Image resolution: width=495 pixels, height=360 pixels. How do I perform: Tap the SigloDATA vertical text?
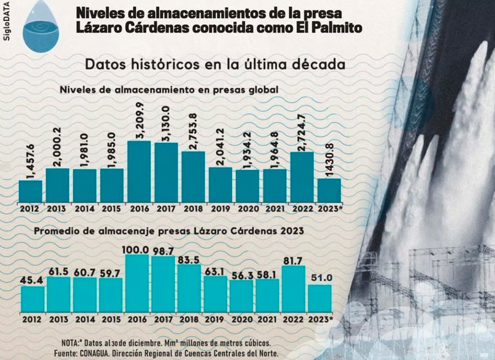pyautogui.click(x=6, y=24)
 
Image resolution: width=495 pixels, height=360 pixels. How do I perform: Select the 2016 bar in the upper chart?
pyautogui.click(x=139, y=171)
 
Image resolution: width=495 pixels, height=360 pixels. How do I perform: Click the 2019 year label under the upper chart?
pyautogui.click(x=220, y=209)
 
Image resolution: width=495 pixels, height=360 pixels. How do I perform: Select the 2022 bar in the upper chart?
pyautogui.click(x=302, y=177)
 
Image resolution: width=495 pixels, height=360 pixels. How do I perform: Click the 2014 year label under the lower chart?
pyautogui.click(x=85, y=319)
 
